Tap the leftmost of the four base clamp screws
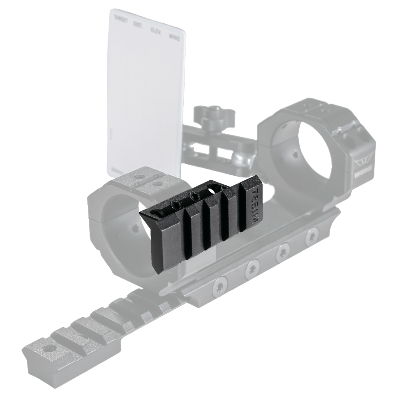coord(219,284)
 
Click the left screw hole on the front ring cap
coord(138,177)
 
